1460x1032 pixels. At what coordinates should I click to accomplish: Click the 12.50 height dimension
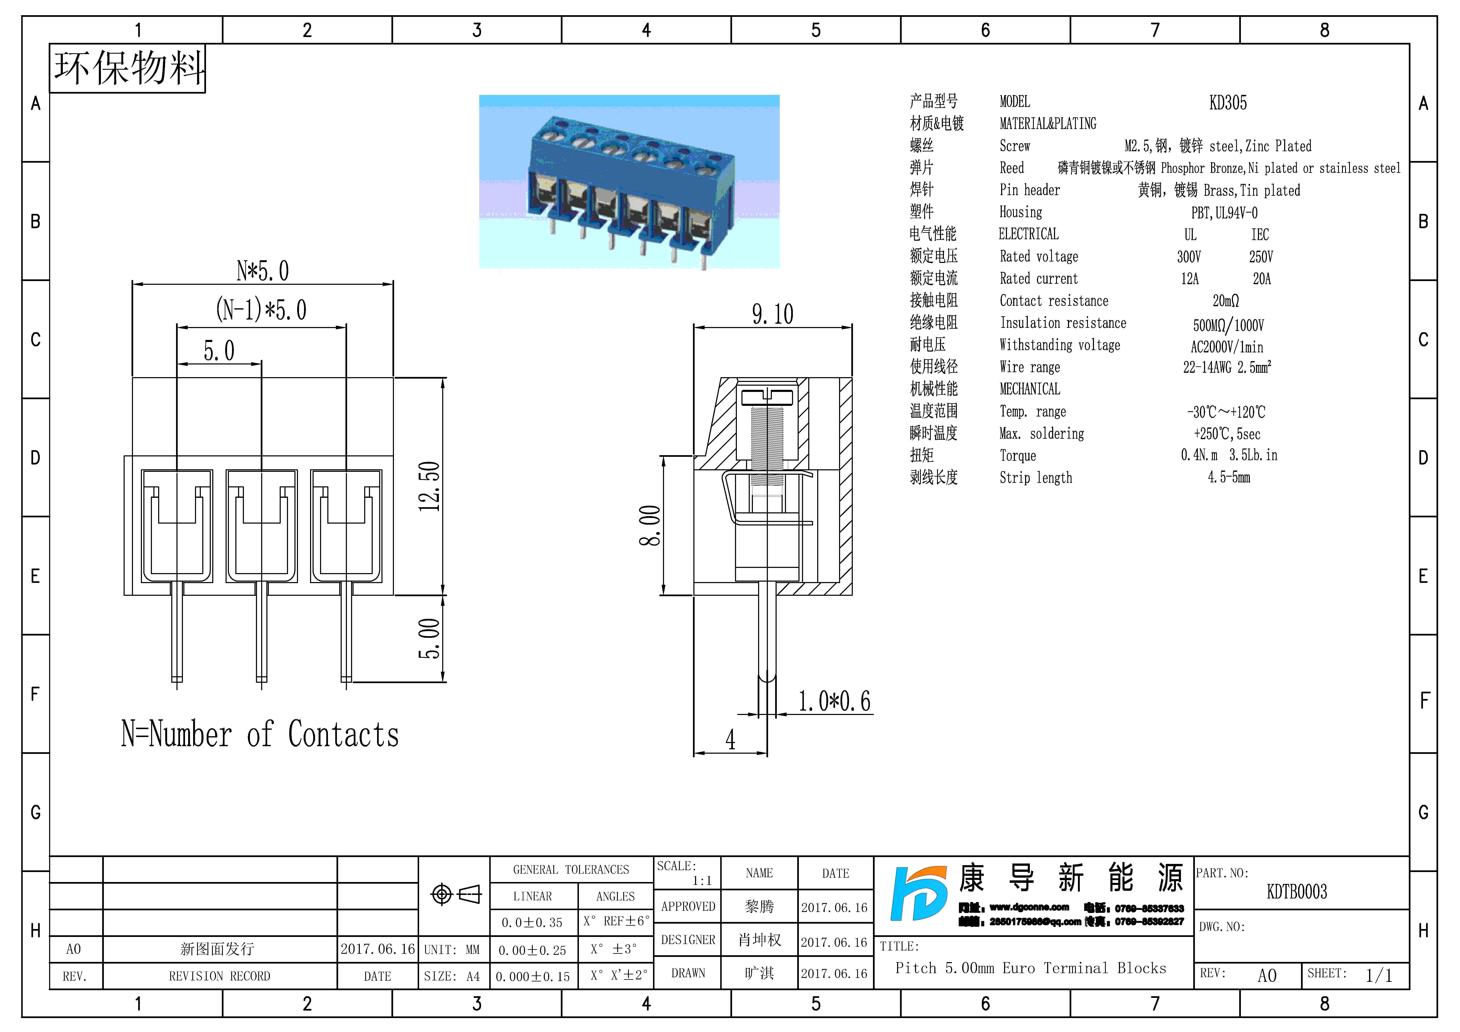[429, 486]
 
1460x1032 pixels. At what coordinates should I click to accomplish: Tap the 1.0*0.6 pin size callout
[834, 701]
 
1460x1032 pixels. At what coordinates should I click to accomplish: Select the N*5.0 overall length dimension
[263, 271]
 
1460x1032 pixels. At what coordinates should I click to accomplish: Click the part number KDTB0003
[1297, 892]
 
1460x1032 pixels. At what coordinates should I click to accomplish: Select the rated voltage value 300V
[1188, 257]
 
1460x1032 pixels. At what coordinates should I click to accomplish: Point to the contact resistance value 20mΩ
[1225, 301]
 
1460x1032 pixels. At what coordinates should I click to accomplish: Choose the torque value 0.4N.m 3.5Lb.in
[1229, 455]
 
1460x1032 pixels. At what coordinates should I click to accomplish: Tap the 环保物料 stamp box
[128, 69]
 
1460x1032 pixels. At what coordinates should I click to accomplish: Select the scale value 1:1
[702, 881]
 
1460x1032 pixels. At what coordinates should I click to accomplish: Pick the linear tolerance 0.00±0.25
[532, 950]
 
